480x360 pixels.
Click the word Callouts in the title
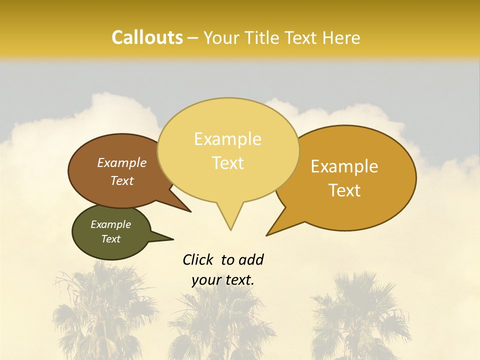pyautogui.click(x=147, y=37)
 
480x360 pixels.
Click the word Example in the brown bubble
pyautogui.click(x=121, y=163)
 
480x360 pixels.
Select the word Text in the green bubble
pyautogui.click(x=111, y=239)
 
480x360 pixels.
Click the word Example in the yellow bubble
pyautogui.click(x=227, y=139)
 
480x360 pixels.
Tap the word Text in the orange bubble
pyautogui.click(x=345, y=190)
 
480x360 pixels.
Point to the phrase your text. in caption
pyautogui.click(x=223, y=280)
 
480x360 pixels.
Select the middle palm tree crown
pyautogui.click(x=220, y=315)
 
